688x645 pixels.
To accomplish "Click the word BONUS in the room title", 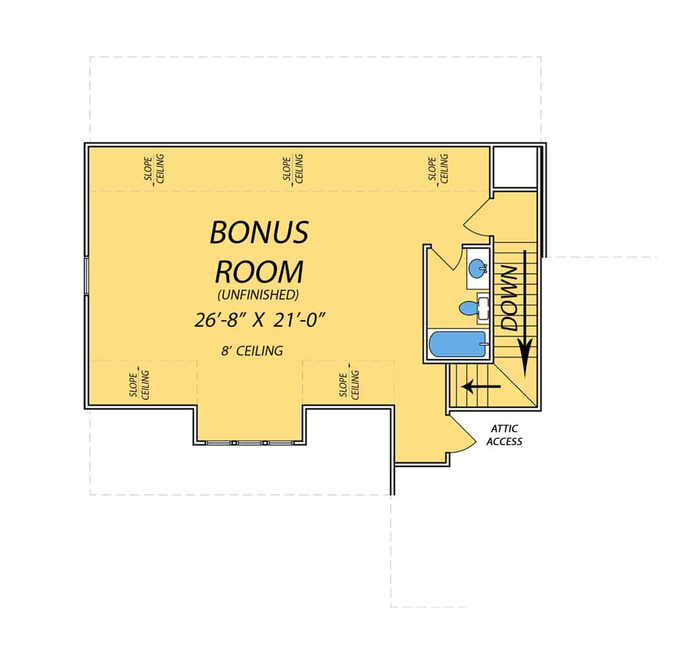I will pos(259,232).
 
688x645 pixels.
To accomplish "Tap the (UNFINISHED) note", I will pos(258,296).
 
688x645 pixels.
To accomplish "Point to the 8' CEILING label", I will pos(252,351).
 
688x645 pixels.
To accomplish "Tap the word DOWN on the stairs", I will pos(509,298).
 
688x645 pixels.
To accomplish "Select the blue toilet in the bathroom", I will pos(469,309).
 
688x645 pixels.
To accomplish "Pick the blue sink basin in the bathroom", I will pos(477,267).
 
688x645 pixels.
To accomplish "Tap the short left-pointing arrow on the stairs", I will pos(481,386).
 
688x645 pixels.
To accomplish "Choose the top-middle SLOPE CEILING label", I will pos(293,168).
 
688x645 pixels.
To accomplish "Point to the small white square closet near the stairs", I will pos(514,167).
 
